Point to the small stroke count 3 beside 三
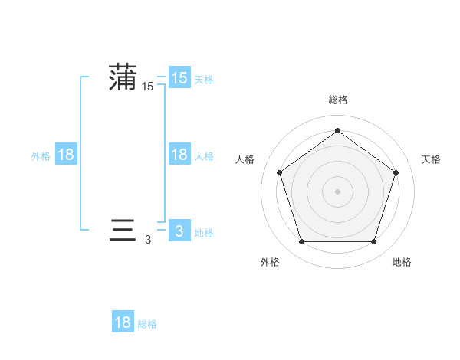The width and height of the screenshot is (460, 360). (x=148, y=240)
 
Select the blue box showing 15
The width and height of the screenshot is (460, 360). (x=179, y=78)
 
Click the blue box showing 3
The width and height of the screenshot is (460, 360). (x=179, y=231)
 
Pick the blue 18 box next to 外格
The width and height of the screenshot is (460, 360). (x=66, y=155)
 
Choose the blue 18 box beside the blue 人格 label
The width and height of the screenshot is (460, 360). (x=179, y=155)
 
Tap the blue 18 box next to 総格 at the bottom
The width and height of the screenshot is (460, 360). (x=123, y=322)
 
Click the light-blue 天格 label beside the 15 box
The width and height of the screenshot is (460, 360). (x=204, y=79)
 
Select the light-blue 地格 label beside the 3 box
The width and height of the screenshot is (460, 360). (x=204, y=232)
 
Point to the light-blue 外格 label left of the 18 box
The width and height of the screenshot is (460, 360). (x=41, y=155)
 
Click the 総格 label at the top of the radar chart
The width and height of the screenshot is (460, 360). (x=337, y=100)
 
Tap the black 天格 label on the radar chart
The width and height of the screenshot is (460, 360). (x=431, y=159)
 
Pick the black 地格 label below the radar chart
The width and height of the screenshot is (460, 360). (x=402, y=262)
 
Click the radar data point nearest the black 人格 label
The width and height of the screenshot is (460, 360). (x=279, y=172)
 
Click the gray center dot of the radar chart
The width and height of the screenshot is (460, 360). (x=337, y=191)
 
